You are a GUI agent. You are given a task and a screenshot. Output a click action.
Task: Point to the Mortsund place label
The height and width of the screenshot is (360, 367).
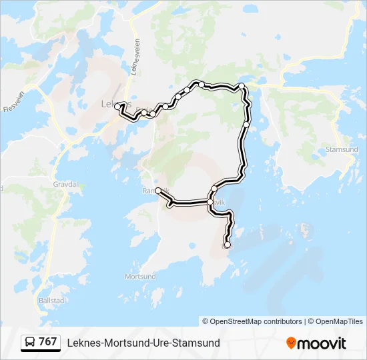tap(140, 276)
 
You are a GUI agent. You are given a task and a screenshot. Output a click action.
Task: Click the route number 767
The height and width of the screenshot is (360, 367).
tap(48, 342)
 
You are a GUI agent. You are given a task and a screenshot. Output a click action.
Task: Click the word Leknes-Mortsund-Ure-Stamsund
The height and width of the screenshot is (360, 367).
tap(143, 343)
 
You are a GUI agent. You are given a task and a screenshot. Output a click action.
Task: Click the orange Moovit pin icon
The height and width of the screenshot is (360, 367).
tap(292, 343)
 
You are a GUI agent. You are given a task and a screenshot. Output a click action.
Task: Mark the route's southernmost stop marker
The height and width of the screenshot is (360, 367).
tap(228, 245)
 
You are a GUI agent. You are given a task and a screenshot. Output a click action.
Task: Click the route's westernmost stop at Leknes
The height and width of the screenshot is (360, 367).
tap(117, 107)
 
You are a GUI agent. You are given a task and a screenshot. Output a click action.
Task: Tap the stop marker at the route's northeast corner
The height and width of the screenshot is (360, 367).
tap(242, 86)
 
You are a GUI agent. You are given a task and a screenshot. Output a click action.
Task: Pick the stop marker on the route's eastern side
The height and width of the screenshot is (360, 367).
tap(246, 124)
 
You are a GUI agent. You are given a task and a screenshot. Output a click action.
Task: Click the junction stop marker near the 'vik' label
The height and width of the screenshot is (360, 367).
tap(211, 201)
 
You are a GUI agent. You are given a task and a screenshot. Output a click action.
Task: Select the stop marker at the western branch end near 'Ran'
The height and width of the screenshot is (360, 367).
tap(158, 191)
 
